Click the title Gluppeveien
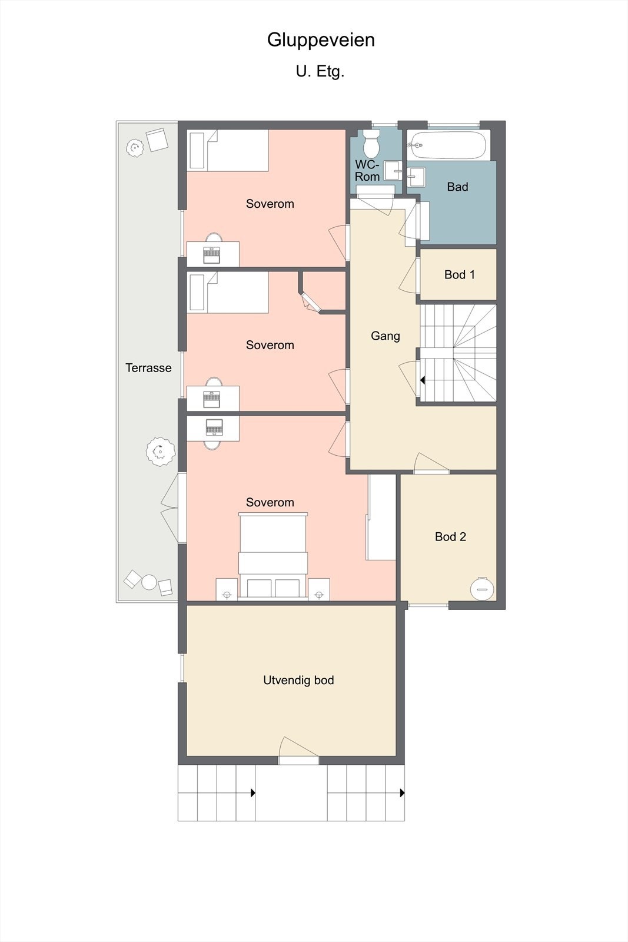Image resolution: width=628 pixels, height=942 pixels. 321,41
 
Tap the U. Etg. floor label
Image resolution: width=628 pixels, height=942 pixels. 320,71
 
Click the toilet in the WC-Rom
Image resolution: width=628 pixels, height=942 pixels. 371,143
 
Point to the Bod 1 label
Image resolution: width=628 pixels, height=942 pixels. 460,274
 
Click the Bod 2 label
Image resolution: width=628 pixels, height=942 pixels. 450,536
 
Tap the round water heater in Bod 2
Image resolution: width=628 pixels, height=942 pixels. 481,589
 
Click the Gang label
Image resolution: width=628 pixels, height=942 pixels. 385,336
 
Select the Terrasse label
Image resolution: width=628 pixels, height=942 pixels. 148,368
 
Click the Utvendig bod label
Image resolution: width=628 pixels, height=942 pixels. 298,680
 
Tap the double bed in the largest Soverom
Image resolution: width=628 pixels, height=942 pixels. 273,556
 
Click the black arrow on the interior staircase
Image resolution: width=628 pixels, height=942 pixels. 423,380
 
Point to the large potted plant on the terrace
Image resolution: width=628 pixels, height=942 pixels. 161,452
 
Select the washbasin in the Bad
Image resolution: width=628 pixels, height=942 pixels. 416,177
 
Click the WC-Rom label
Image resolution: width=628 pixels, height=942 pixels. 367,170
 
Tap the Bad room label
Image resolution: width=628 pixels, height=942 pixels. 457,187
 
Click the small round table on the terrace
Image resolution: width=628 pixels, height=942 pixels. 149,582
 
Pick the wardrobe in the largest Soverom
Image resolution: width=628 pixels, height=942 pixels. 381,517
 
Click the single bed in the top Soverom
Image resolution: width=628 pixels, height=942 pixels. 227,150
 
